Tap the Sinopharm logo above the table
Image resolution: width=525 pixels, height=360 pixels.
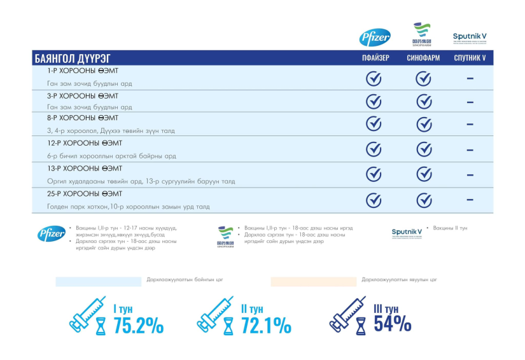coord(421,35)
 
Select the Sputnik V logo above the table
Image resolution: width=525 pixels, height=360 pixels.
coord(470,38)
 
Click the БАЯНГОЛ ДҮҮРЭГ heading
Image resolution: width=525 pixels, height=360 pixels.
coord(69,59)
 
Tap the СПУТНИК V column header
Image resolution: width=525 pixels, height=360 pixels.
coord(470,59)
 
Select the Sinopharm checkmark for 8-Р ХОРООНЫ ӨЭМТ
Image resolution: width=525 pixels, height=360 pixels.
coord(424,124)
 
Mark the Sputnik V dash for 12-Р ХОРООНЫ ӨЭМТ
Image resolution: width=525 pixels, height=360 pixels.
coord(470,150)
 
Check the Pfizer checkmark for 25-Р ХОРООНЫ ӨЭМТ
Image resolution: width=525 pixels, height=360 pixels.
coord(374,200)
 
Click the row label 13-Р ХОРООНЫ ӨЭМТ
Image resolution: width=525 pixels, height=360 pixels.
coord(83,169)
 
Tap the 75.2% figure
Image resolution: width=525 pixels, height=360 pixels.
coord(138,325)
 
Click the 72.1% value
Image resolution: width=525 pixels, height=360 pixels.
coord(265,325)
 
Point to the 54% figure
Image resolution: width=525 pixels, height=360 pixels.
coord(392,323)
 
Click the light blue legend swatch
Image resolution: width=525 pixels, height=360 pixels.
coord(98,281)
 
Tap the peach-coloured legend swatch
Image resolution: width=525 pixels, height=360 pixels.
coord(313,281)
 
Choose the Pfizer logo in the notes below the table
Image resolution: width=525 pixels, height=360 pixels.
coord(51,234)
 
